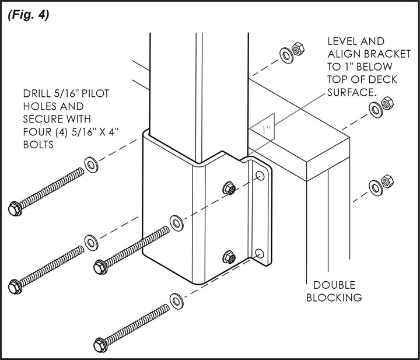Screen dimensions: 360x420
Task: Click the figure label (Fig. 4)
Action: click(28, 15)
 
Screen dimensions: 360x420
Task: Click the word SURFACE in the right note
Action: click(352, 92)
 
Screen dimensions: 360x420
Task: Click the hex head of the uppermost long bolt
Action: click(15, 207)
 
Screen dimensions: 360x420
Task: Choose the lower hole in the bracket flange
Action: click(259, 253)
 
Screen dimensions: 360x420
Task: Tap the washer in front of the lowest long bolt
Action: click(176, 300)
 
